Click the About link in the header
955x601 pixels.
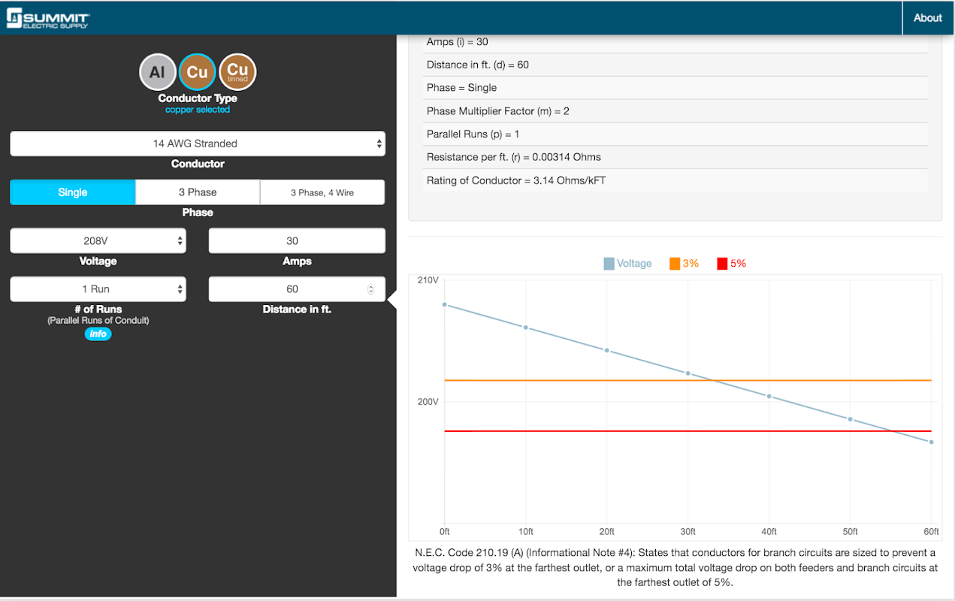pos(927,18)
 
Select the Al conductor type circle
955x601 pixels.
pos(157,72)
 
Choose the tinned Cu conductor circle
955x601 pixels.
pos(237,72)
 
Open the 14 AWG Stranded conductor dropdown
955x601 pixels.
pos(197,143)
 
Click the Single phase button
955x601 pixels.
pos(73,192)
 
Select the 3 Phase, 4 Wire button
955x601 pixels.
pos(322,192)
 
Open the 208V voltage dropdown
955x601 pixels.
pos(98,241)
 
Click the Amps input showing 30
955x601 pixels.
pos(297,241)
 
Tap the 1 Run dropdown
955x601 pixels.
pos(98,289)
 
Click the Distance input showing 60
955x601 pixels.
pos(292,289)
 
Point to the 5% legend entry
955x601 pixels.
pos(731,264)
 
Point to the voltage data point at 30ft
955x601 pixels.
pos(688,373)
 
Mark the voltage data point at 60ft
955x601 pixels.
pos(931,442)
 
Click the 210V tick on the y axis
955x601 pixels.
pos(428,280)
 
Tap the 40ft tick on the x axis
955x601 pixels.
pos(769,532)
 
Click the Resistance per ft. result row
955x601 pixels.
pos(514,157)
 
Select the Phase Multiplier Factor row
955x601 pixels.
pos(498,111)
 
